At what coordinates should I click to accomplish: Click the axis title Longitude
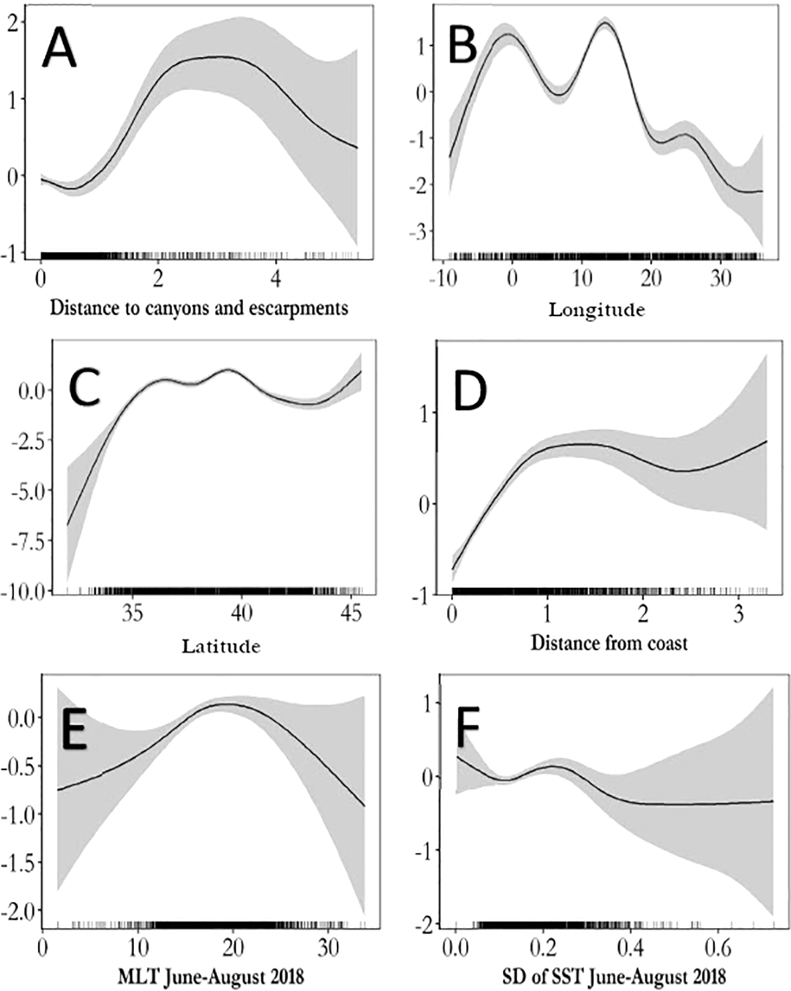[597, 310]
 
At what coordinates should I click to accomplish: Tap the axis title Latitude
[220, 646]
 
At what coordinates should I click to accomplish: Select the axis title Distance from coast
[609, 643]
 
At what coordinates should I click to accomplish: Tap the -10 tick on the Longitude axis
[447, 279]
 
